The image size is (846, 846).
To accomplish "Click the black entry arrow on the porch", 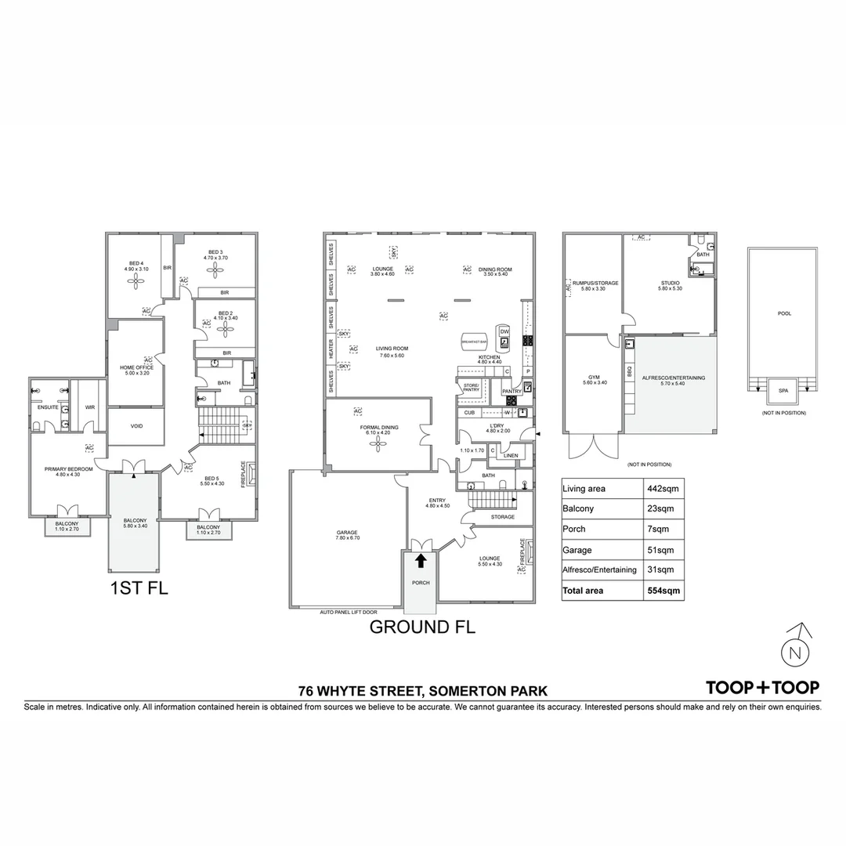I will click(x=421, y=560).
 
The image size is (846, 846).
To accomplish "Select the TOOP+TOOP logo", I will click(x=763, y=687).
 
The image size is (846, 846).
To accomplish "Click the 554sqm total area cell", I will click(x=663, y=590).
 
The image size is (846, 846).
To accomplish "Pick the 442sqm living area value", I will click(x=663, y=489).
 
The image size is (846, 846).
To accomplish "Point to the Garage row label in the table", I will click(x=577, y=550).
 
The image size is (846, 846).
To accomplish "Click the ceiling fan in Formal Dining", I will click(x=380, y=444).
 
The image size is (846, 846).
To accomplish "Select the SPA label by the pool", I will click(x=783, y=389).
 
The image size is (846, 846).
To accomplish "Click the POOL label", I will click(x=784, y=313).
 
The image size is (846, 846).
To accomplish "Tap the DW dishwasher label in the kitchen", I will click(x=504, y=331).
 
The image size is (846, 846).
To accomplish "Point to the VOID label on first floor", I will click(x=136, y=428).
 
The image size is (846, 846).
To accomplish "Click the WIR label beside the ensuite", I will click(x=89, y=407).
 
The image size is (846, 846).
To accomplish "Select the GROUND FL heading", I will click(x=422, y=627).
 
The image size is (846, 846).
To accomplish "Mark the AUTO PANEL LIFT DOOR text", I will click(x=349, y=611).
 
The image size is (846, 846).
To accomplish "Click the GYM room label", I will click(x=593, y=378).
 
